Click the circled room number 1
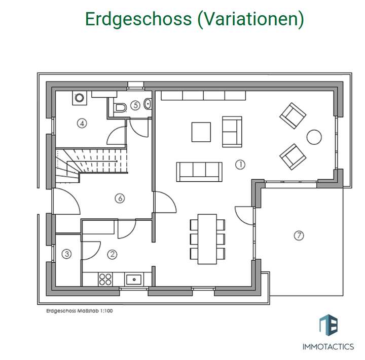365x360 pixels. pyautogui.click(x=240, y=164)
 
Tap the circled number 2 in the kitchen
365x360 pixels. pyautogui.click(x=113, y=255)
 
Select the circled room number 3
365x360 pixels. pyautogui.click(x=66, y=255)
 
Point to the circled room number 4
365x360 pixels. pyautogui.click(x=81, y=123)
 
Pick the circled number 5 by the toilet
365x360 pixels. pyautogui.click(x=135, y=105)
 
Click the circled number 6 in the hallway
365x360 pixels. pyautogui.click(x=120, y=198)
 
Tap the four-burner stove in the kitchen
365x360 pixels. pyautogui.click(x=105, y=278)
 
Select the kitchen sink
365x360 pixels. pyautogui.click(x=134, y=278)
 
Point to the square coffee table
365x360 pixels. pyautogui.click(x=201, y=132)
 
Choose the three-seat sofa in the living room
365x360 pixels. pyautogui.click(x=199, y=172)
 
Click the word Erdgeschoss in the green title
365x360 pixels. pyautogui.click(x=137, y=19)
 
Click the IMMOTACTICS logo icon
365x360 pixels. pyautogui.click(x=328, y=325)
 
